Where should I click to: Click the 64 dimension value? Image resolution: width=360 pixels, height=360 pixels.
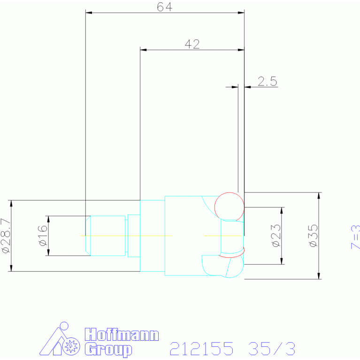(165, 7)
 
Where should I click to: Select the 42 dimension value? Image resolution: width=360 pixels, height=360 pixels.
(192, 44)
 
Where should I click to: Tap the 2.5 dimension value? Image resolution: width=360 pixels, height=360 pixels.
(268, 81)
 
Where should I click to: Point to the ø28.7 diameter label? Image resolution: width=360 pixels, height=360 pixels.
(6, 236)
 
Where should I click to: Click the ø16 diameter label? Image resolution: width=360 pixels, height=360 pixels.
(43, 236)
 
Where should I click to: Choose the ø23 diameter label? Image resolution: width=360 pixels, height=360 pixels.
(276, 236)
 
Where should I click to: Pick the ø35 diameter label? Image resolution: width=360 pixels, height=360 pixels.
(314, 236)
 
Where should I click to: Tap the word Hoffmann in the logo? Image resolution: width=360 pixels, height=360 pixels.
(122, 335)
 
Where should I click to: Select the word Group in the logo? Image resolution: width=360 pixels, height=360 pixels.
(108, 349)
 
